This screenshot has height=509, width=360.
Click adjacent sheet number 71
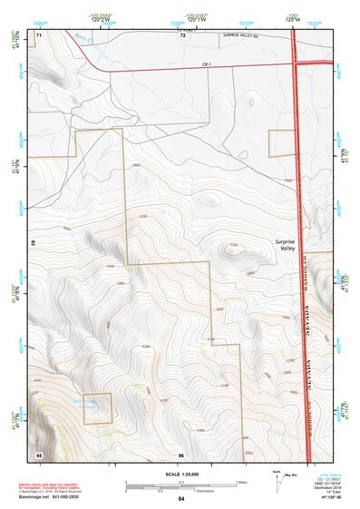39,33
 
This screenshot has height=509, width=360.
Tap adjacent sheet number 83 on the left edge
32,243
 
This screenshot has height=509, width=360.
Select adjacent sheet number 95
39,453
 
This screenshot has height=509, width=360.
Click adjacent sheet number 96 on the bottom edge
181,454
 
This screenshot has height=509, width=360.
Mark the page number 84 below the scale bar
181,500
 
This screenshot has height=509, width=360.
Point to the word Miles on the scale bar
242,483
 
